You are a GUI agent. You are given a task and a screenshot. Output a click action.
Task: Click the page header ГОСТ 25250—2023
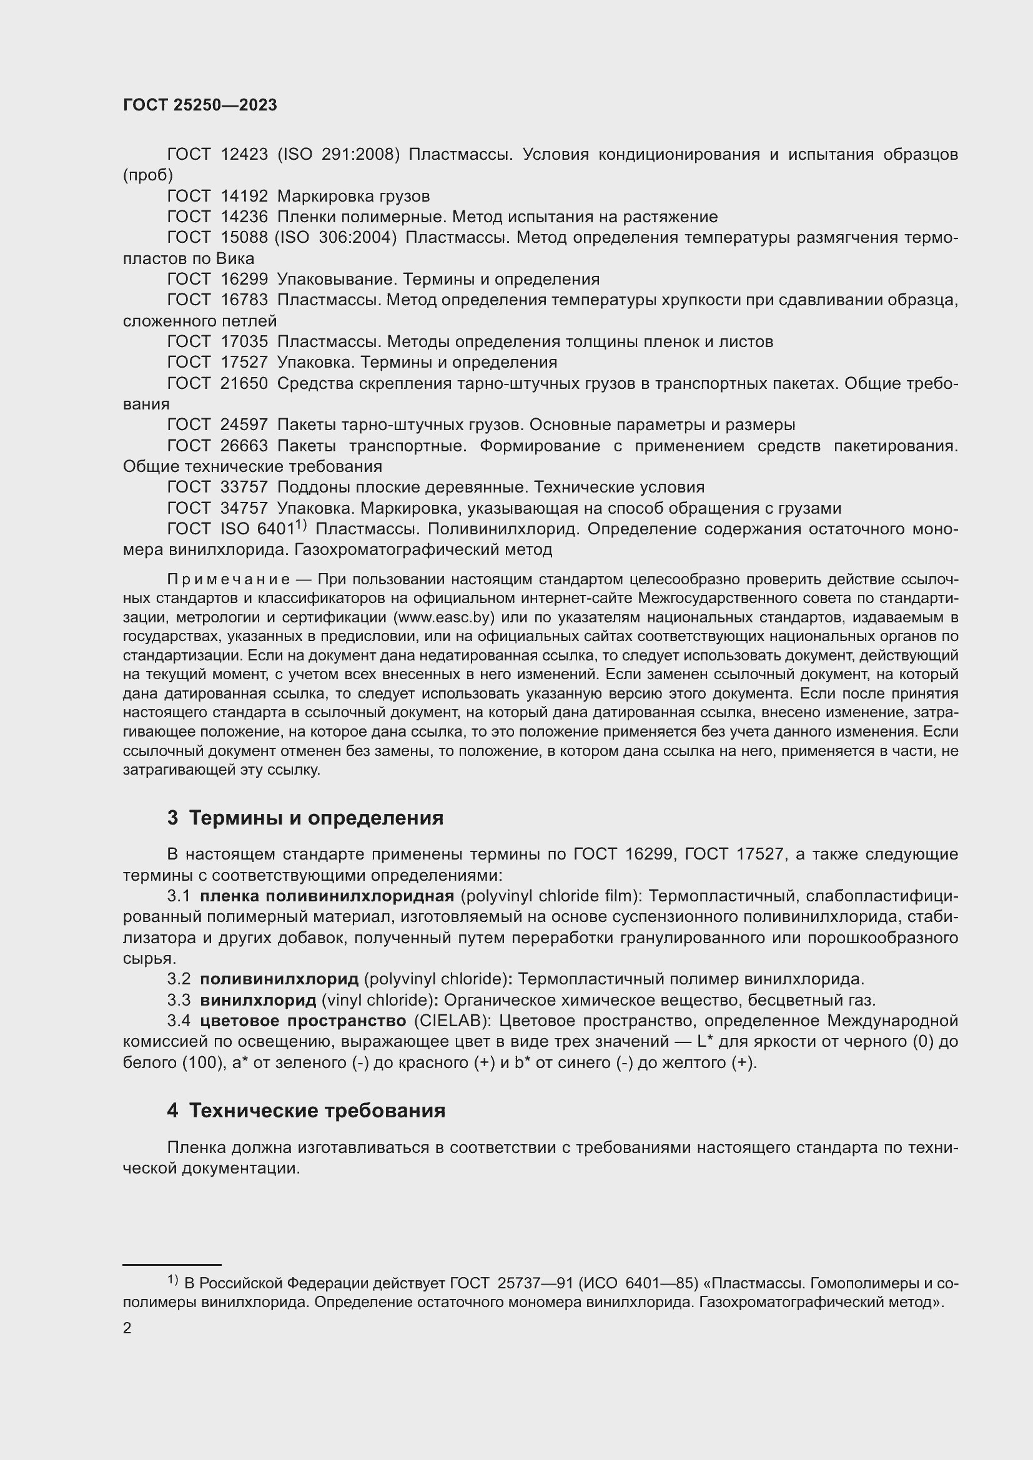(x=200, y=105)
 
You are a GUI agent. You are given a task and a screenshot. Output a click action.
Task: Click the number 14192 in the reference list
(x=244, y=196)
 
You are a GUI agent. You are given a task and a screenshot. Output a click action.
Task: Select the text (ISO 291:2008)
(x=339, y=155)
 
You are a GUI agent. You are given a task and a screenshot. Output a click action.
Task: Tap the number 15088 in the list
(x=244, y=237)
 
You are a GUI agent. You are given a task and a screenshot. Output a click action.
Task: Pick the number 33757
(x=244, y=486)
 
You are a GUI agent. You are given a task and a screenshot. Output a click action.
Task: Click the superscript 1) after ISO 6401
(x=301, y=524)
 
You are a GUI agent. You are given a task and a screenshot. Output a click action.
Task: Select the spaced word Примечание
(x=229, y=579)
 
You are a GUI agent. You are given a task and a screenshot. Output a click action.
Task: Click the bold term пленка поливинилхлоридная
(x=327, y=895)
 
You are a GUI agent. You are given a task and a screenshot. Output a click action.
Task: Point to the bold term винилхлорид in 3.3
(x=257, y=999)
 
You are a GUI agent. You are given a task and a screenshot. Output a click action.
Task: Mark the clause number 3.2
(x=179, y=979)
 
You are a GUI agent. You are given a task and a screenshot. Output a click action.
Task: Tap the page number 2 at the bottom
(x=127, y=1328)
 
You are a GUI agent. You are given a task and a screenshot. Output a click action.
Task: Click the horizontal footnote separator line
(x=172, y=1265)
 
